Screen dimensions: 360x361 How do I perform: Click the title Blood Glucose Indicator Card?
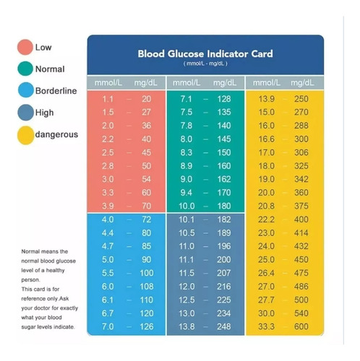point(205,53)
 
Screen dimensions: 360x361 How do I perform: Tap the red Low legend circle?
point(25,47)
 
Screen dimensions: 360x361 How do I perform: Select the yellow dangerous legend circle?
point(25,135)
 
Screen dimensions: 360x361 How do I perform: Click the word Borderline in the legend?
point(56,91)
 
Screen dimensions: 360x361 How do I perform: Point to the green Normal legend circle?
point(25,69)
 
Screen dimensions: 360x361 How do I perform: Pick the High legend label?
point(44,113)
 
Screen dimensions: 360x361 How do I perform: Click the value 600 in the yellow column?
point(301,326)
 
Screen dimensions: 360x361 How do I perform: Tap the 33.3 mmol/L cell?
point(266,326)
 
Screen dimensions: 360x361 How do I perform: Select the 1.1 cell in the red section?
point(108,99)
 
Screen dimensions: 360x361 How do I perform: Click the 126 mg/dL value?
point(147,326)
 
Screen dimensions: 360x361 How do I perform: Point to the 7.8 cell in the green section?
point(187,126)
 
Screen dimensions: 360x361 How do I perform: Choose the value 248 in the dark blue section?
point(224,326)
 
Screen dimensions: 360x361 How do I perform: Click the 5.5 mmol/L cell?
point(108,273)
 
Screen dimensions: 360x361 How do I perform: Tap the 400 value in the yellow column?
point(301,219)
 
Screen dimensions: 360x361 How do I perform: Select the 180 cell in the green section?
point(224,206)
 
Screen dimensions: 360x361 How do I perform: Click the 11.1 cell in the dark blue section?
point(187,259)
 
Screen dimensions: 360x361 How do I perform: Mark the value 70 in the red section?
point(147,206)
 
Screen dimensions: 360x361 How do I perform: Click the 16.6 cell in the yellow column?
point(266,139)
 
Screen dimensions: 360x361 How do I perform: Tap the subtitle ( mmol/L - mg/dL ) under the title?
point(205,64)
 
